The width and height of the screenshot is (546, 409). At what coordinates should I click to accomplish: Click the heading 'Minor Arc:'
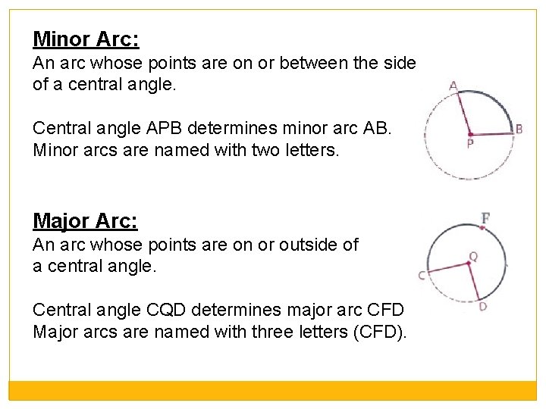86,39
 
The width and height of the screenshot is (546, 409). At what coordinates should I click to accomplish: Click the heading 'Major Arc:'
85,220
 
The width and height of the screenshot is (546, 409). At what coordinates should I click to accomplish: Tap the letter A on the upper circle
453,86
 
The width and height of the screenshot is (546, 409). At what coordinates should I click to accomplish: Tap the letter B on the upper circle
519,130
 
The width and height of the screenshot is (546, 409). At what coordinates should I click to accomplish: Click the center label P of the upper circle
470,142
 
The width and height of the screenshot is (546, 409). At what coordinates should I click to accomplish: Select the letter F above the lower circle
485,218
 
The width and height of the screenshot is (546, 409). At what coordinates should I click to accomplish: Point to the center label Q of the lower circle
473,257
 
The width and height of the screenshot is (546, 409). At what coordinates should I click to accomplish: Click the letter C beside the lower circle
422,276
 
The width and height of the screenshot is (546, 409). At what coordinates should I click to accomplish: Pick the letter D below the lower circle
483,306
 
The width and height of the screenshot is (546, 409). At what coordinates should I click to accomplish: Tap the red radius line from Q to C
447,268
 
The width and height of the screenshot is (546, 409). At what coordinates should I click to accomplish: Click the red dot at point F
482,227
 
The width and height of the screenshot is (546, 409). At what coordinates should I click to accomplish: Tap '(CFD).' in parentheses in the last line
381,333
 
